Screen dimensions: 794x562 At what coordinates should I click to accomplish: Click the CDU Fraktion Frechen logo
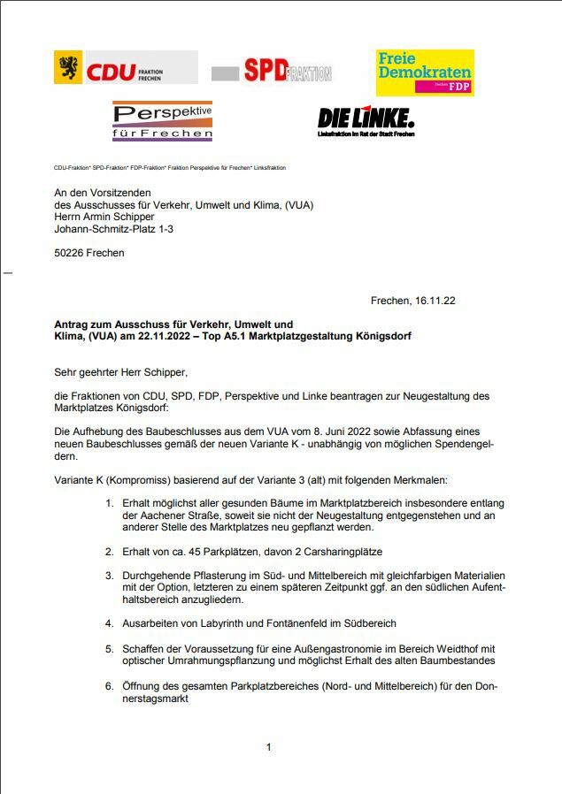[125, 68]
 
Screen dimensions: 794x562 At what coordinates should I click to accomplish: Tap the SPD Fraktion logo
[271, 71]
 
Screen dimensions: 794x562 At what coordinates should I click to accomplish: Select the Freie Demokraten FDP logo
[424, 72]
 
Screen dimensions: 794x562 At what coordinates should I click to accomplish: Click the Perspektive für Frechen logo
[162, 121]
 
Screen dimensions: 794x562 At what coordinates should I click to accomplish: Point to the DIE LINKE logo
[366, 120]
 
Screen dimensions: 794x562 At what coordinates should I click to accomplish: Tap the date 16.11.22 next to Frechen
[435, 302]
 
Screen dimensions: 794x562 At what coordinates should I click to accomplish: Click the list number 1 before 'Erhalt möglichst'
[109, 503]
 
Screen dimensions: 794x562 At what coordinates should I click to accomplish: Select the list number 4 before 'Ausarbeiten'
[109, 623]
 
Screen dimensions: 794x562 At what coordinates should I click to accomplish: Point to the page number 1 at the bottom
[268, 748]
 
